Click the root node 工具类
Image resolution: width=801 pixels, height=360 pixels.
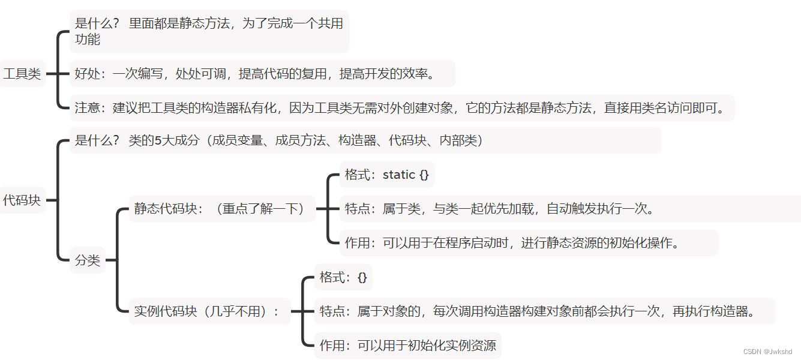click(x=22, y=74)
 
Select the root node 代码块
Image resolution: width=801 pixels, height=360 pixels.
click(x=22, y=200)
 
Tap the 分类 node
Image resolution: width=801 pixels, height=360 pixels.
click(x=88, y=260)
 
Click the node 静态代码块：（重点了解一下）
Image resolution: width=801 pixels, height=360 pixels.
click(x=221, y=209)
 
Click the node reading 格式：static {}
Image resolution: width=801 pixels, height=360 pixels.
click(x=386, y=175)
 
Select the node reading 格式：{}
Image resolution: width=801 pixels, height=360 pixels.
click(x=343, y=277)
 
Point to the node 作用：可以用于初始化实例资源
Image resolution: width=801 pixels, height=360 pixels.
click(x=407, y=346)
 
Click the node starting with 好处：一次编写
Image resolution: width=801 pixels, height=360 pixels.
click(x=254, y=74)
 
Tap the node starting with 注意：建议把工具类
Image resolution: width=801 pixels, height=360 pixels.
click(x=401, y=108)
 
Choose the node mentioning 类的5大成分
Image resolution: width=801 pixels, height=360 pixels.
click(x=278, y=140)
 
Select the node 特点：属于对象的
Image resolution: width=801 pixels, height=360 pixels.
click(x=537, y=311)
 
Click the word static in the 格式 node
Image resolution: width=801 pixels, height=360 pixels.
click(x=399, y=175)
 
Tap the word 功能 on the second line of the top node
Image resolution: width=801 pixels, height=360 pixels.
click(x=88, y=40)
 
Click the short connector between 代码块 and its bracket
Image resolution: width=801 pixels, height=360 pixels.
click(x=52, y=200)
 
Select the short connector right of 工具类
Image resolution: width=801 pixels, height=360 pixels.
click(x=52, y=74)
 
